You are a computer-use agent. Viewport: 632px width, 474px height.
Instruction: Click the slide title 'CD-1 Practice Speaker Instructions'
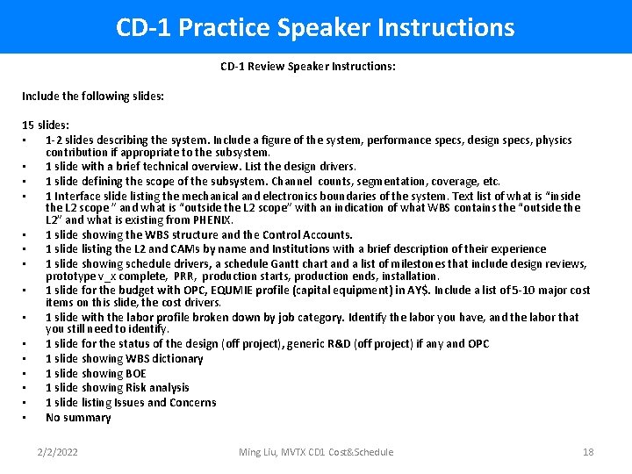[315, 27]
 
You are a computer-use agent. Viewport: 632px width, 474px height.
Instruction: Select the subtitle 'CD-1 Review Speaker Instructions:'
[307, 67]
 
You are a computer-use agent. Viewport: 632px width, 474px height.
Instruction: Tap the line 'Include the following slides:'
[93, 97]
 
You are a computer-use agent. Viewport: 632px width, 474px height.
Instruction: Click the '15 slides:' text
[46, 126]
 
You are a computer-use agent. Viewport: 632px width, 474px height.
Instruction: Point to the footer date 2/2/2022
[58, 452]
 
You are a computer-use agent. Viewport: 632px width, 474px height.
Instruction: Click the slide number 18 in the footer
[588, 452]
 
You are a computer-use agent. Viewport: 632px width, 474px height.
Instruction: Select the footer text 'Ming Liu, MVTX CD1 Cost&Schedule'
[316, 452]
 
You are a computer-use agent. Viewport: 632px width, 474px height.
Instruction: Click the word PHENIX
[212, 220]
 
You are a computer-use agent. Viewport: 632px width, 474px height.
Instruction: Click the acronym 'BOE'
[134, 374]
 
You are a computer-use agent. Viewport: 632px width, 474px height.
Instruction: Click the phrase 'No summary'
[78, 418]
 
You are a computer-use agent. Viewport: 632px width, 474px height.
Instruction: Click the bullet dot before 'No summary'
[25, 418]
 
